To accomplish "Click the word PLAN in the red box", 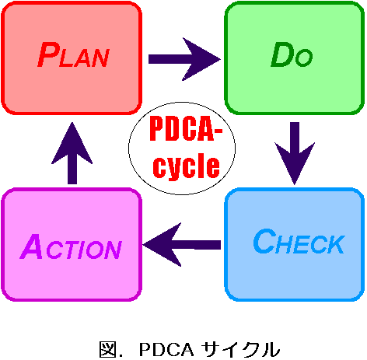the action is coord(73,54).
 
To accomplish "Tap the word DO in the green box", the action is coord(292,54).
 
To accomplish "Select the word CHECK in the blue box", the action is coord(299,241).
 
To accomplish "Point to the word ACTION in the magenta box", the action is coord(71,246).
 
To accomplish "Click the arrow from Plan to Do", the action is coord(184,59).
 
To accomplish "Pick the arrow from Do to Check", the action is coord(295,153).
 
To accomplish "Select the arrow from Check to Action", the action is coord(182,245).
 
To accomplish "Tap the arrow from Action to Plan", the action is coord(72,153).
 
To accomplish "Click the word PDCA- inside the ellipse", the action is coord(186,129).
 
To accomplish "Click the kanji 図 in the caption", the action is coord(107,349).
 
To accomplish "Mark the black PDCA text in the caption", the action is coord(166,349).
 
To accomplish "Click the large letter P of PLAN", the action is coord(49,54).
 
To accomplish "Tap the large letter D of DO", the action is coord(281,54).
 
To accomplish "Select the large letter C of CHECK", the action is coord(264,241).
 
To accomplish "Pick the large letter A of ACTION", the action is coord(31,246).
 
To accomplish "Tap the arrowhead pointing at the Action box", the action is coord(162,245).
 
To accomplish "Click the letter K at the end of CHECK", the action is coord(337,244).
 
